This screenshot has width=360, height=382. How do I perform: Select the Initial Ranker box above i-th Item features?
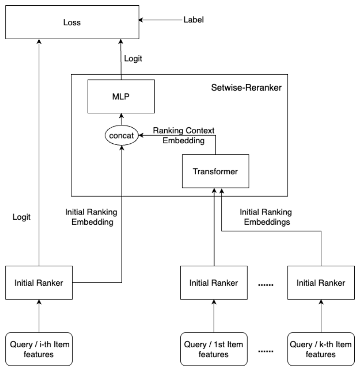coord(38,282)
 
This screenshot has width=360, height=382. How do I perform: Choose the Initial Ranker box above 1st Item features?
coord(214,282)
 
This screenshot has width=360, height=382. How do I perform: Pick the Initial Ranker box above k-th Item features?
coord(320,282)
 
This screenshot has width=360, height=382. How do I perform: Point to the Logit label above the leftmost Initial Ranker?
coord(22,217)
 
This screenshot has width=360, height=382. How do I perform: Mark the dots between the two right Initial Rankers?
coord(266,284)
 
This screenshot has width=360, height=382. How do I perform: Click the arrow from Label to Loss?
coord(157,21)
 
